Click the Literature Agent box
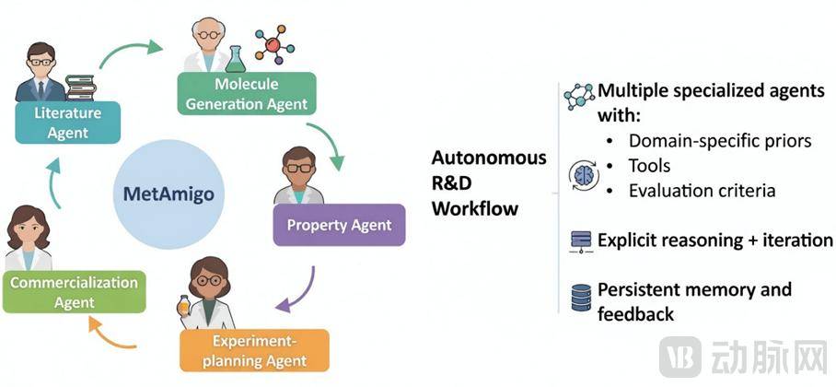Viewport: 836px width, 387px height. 67,123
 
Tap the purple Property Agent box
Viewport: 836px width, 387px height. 339,225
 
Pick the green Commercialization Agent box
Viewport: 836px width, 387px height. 74,292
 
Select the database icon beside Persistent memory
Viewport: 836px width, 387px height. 581,299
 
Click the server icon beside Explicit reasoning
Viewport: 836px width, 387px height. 581,241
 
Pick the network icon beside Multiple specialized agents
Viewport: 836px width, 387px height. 580,95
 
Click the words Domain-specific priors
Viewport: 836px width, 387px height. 719,141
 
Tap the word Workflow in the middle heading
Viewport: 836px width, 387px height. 475,208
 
